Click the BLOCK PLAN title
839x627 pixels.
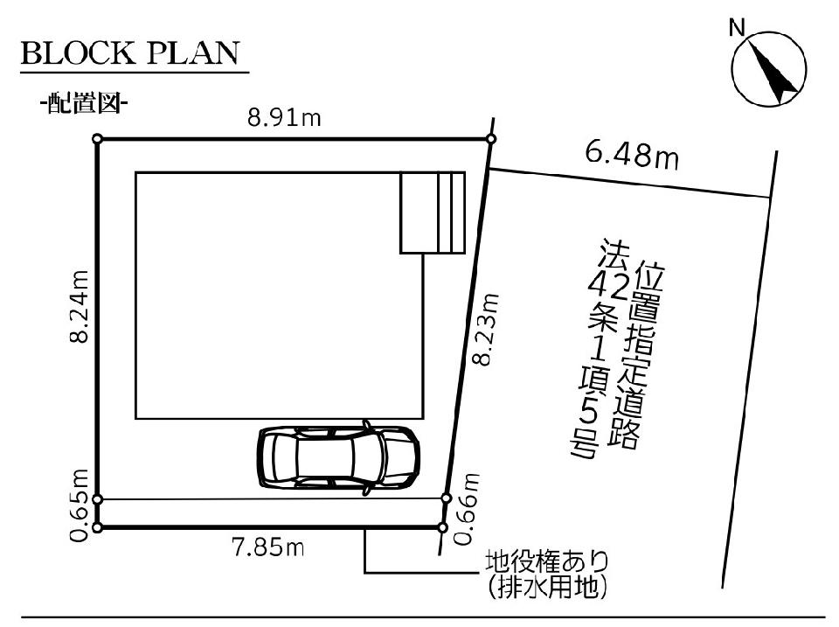tap(130, 53)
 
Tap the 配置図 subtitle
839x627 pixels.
tap(83, 103)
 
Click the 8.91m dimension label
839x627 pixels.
tap(284, 118)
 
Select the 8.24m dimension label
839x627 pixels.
tap(79, 306)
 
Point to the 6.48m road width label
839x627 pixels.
tap(632, 155)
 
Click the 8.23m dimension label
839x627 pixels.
tap(488, 330)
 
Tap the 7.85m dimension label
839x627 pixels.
tap(268, 547)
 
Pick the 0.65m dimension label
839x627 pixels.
tap(79, 505)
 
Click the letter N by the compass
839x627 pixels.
tap(738, 28)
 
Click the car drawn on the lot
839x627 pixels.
tap(338, 456)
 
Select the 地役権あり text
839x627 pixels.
tap(547, 562)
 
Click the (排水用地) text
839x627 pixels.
tap(547, 588)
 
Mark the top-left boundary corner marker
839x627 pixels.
tap(97, 139)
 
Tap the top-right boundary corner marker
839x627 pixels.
tap(492, 139)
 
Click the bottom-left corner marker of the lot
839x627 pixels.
tap(97, 528)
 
